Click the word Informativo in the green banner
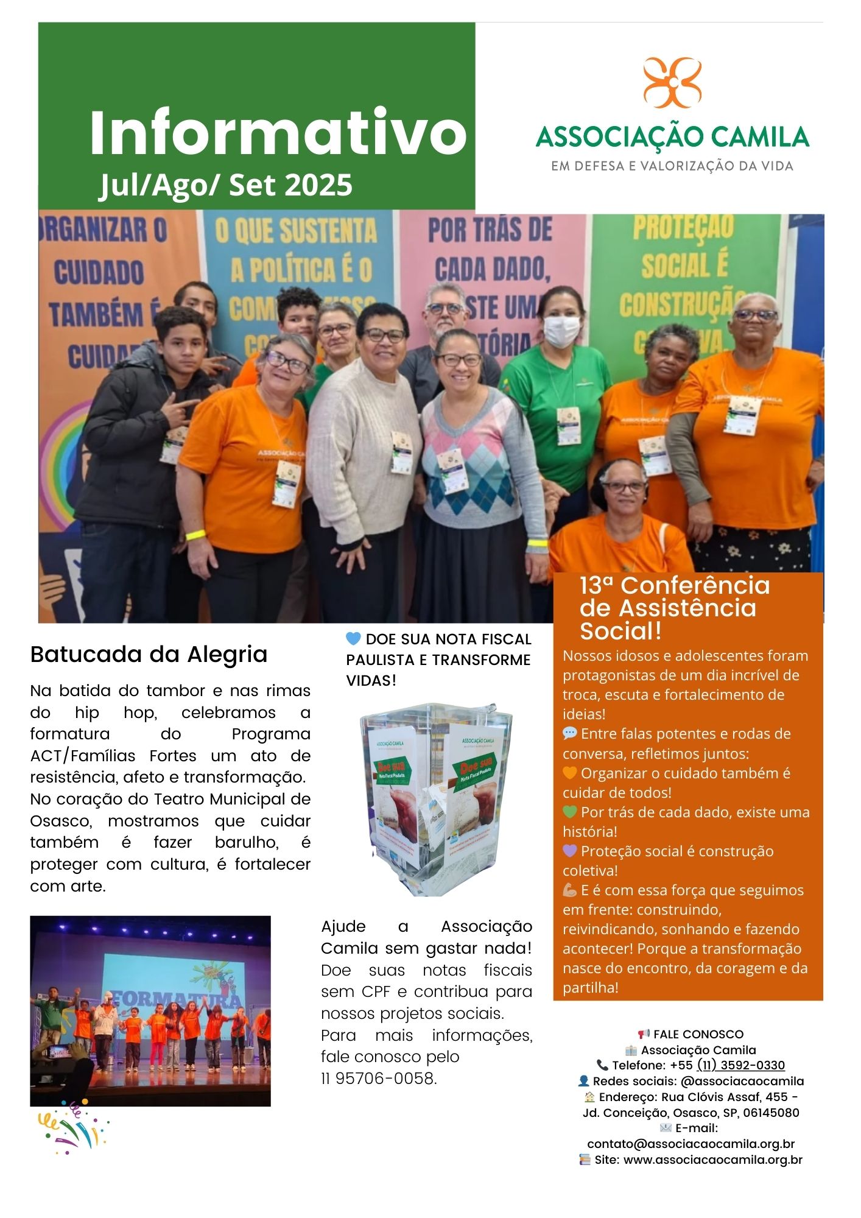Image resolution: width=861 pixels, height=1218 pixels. point(278,132)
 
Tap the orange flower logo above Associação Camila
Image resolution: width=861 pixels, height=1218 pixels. point(672,83)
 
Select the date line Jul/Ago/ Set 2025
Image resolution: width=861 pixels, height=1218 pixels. point(226,185)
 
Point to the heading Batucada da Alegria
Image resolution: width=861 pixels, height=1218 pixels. point(149,655)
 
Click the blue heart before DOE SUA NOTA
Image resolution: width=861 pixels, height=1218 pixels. point(353,639)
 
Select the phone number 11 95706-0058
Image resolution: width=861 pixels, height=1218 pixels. point(379,1079)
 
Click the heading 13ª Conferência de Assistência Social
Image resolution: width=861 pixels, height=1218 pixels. point(675,608)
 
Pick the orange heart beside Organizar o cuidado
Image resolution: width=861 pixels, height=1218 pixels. point(569,773)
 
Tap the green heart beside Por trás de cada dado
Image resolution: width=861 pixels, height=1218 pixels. point(569,812)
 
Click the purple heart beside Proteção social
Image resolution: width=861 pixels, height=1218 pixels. point(569,851)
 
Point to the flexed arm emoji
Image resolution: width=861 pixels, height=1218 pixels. point(569,890)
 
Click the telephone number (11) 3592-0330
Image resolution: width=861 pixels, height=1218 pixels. point(740,1065)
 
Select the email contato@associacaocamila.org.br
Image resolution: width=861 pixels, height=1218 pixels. point(691,1144)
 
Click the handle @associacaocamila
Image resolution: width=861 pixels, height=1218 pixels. point(742,1081)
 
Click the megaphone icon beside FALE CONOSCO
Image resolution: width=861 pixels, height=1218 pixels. point(644,1034)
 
